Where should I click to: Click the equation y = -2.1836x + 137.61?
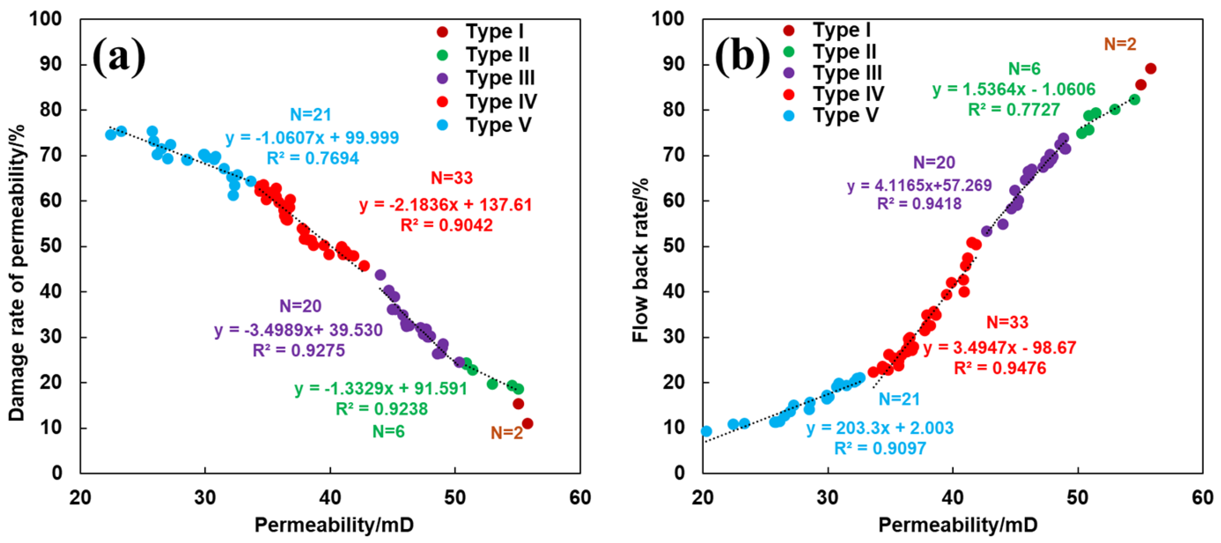(x=445, y=205)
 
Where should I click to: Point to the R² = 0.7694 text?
(x=313, y=158)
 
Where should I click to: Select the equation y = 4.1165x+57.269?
(x=919, y=185)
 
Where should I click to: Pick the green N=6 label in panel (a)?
(x=388, y=431)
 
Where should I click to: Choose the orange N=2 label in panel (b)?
(x=1120, y=44)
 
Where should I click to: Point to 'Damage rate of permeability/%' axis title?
(x=16, y=273)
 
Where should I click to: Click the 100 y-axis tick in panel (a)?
(x=45, y=19)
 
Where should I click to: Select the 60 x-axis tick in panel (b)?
(x=1202, y=498)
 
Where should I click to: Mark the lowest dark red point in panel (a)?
(x=527, y=424)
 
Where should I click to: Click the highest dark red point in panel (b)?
(x=1150, y=69)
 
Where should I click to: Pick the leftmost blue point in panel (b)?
(x=706, y=431)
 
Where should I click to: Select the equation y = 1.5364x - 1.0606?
(x=1014, y=89)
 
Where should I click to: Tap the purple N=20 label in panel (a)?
(x=300, y=306)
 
